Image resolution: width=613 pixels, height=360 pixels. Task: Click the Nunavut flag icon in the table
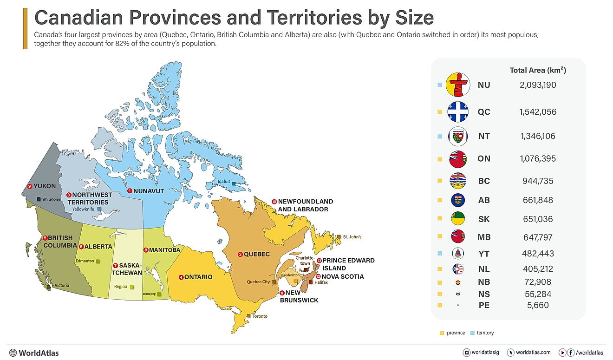[458, 85]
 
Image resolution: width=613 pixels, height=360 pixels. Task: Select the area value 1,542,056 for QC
[538, 112]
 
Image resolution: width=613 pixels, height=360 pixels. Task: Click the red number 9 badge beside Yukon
[30, 186]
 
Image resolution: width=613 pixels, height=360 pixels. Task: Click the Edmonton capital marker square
[98, 262]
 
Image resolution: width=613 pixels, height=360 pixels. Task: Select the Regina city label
[120, 287]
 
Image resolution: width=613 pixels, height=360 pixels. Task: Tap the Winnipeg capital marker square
[159, 294]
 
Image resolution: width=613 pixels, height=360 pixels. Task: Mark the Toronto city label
[260, 316]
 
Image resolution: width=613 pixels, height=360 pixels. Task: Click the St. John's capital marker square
[339, 237]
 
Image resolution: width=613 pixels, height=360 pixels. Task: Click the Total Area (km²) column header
[538, 70]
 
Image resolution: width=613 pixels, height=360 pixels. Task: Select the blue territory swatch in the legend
[472, 333]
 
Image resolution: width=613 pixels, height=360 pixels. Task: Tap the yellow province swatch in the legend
[442, 333]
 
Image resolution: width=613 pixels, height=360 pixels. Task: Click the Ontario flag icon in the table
[458, 159]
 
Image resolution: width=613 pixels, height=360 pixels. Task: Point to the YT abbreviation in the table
[483, 254]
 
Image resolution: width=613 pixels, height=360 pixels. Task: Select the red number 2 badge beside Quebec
[240, 254]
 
